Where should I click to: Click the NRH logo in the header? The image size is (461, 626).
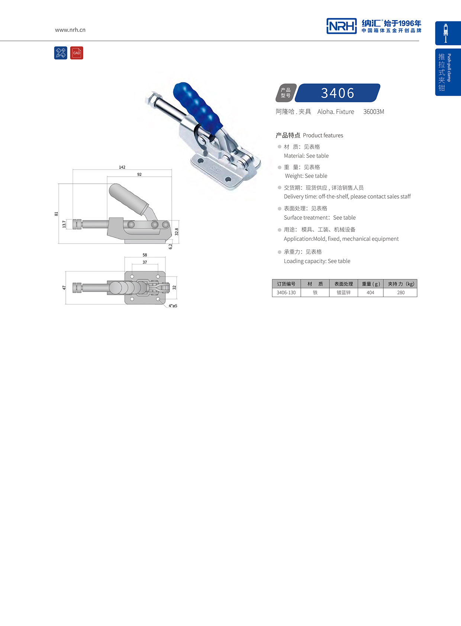click(341, 26)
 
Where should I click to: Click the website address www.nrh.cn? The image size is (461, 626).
click(70, 30)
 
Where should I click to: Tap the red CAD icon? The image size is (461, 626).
click(77, 53)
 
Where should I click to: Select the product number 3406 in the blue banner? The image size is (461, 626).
click(338, 93)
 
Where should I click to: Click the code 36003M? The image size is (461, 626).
click(374, 112)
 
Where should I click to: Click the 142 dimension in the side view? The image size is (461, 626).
click(122, 167)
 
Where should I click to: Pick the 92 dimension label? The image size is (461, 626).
click(139, 174)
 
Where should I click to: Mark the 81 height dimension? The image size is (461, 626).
click(57, 214)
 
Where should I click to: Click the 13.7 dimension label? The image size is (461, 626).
click(64, 224)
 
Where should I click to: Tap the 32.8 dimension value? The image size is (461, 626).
click(177, 232)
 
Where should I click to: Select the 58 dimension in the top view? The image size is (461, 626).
click(145, 255)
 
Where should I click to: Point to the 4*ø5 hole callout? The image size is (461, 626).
click(173, 306)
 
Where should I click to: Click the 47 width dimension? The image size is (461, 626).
click(64, 288)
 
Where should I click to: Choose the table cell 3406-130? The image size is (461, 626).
click(286, 293)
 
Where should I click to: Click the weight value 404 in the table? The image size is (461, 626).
click(370, 293)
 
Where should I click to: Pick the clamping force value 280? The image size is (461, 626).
click(401, 293)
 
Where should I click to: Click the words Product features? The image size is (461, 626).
click(323, 135)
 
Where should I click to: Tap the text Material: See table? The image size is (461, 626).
click(306, 156)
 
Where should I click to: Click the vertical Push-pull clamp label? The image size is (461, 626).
click(449, 68)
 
